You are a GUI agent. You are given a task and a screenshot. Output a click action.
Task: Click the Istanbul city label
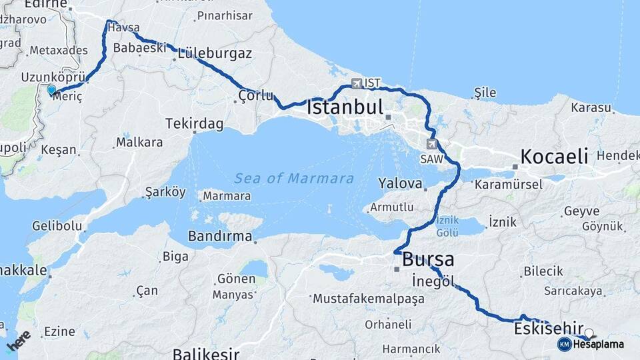[x=345, y=107]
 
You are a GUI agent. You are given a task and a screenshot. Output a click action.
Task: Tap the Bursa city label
[x=429, y=259]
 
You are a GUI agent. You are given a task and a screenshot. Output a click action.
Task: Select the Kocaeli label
[x=554, y=157]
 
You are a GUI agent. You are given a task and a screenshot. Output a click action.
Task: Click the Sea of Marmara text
[x=294, y=178]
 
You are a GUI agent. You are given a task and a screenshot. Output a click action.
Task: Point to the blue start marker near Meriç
[x=51, y=89]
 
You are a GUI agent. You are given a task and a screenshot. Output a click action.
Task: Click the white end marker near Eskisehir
[x=589, y=333]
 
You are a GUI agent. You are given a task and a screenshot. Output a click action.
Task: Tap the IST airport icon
[x=357, y=83]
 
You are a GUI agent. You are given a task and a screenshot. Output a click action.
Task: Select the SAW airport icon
[x=432, y=144]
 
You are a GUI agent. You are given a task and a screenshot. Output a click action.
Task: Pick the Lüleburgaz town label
[x=215, y=53]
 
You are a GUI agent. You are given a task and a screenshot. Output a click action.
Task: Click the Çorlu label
[x=255, y=96]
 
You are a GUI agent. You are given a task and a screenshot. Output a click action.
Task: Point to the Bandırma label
[x=220, y=236]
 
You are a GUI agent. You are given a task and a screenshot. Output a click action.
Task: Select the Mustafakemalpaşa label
[x=369, y=299]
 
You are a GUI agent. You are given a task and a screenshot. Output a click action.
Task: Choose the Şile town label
[x=485, y=93]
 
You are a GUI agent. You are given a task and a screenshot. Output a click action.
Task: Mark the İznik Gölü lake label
[x=448, y=226]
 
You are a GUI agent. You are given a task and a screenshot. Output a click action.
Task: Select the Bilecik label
[x=543, y=271]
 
